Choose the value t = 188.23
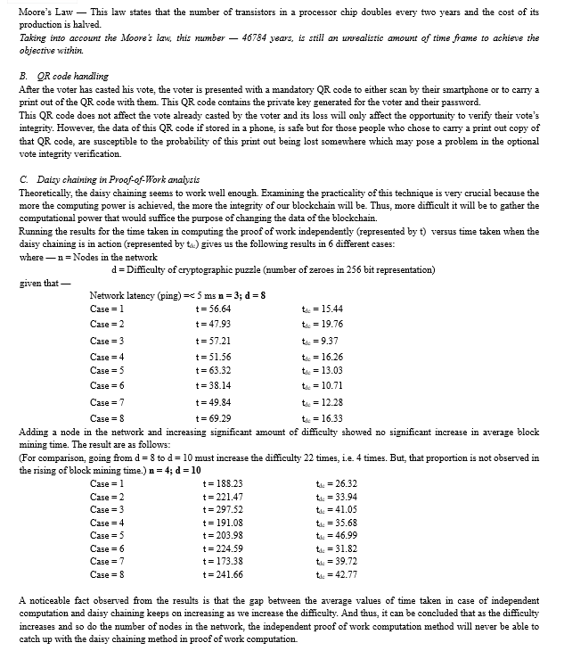click(223, 483)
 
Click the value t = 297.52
click(223, 509)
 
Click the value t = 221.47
click(223, 496)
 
